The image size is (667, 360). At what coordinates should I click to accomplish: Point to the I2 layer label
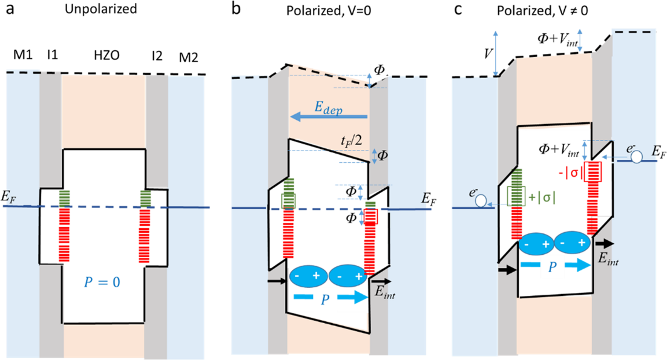coord(155,56)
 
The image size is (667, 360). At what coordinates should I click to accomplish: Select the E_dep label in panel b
coord(329,106)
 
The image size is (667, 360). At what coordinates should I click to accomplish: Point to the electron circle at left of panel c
coord(481,199)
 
